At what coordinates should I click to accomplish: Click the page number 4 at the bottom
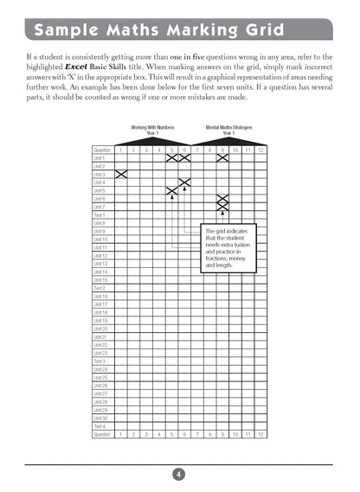click(177, 474)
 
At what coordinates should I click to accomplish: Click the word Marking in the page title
click(181, 30)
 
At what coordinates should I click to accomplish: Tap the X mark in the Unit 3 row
click(121, 175)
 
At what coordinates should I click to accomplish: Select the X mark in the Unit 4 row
click(184, 182)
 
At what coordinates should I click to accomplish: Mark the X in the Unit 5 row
click(172, 190)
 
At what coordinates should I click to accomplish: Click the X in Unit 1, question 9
click(222, 158)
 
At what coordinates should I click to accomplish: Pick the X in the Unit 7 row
click(222, 207)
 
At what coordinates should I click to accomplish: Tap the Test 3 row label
click(99, 361)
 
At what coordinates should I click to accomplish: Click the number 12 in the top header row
click(260, 150)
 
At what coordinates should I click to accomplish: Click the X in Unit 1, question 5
click(172, 158)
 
